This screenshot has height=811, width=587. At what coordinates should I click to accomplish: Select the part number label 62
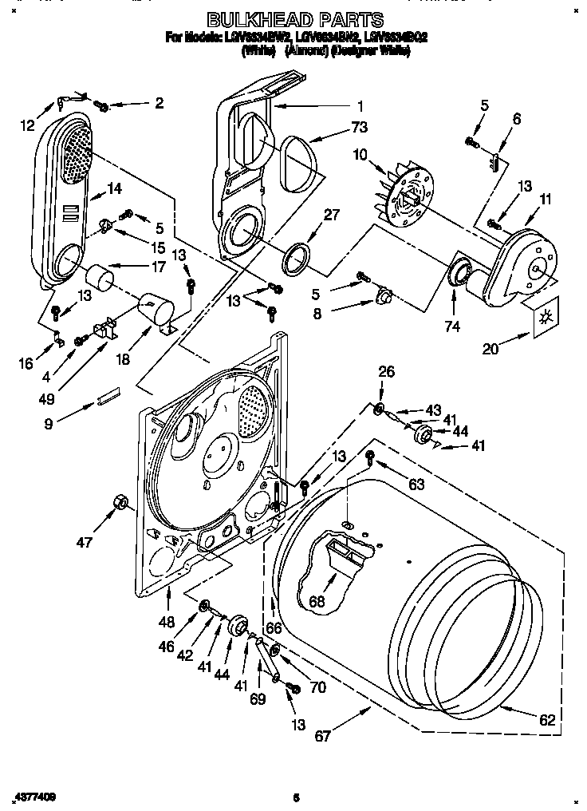point(546,719)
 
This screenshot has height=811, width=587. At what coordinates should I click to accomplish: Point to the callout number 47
point(84,542)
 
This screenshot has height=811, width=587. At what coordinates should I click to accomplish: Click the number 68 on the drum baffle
point(317,601)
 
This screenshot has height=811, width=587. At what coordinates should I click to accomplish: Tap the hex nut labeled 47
point(122,502)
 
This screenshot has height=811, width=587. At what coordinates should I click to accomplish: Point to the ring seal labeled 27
point(295,259)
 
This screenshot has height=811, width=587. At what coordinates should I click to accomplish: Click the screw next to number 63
point(370,457)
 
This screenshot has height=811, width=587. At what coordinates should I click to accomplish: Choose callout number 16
point(26,363)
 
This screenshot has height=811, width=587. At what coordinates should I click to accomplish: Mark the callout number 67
point(321,735)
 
